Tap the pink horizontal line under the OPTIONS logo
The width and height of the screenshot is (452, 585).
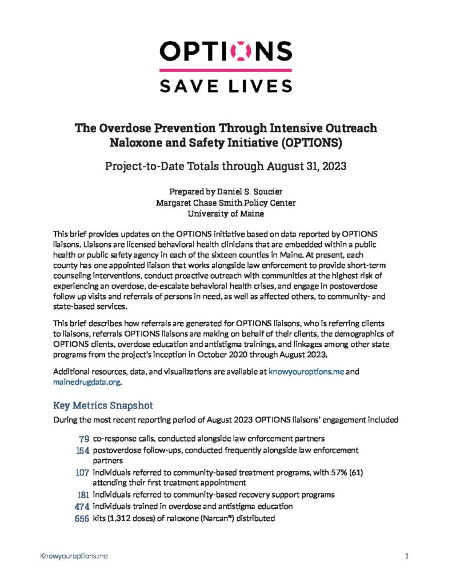pyautogui.click(x=226, y=70)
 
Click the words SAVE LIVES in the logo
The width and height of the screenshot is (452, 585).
pyautogui.click(x=226, y=86)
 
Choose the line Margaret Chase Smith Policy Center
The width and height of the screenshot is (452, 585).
pyautogui.click(x=226, y=202)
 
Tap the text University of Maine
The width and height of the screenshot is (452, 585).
pyautogui.click(x=226, y=214)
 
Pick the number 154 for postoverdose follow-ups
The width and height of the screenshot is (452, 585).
pyautogui.click(x=80, y=450)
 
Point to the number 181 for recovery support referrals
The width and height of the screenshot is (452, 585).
pyautogui.click(x=80, y=495)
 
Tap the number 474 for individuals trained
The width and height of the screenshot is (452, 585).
pyautogui.click(x=80, y=506)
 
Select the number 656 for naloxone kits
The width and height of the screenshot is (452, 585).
pyautogui.click(x=80, y=518)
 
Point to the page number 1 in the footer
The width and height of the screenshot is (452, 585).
pyautogui.click(x=406, y=555)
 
